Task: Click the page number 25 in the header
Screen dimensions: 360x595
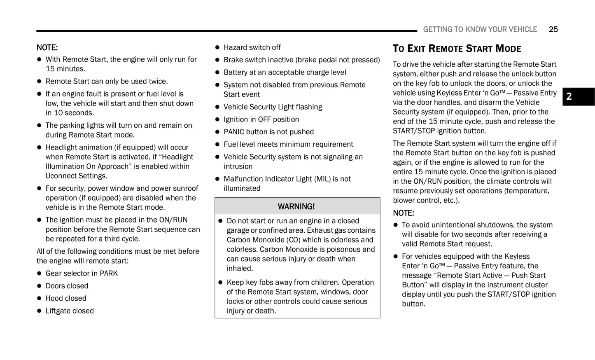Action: [x=553, y=29]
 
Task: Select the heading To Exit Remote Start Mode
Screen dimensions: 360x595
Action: [x=457, y=49]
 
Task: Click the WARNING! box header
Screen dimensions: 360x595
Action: [x=297, y=206]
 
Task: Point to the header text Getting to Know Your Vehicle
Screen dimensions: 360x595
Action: [x=480, y=29]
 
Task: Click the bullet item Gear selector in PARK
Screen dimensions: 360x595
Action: [x=82, y=273]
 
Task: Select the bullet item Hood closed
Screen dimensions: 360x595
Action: [x=66, y=298]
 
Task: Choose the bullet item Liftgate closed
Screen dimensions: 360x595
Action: [x=70, y=311]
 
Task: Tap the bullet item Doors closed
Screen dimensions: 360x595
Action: [x=67, y=286]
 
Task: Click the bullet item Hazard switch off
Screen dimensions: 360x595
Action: [x=252, y=47]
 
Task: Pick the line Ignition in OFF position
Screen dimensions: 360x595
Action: [x=261, y=119]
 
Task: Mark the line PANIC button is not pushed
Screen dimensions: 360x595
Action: [x=268, y=132]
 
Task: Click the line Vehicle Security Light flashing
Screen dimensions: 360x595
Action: [x=273, y=107]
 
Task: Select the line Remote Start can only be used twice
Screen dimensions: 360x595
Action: [x=106, y=81]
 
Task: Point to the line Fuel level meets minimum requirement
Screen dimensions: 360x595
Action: [x=288, y=144]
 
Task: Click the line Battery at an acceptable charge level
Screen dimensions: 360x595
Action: [x=285, y=72]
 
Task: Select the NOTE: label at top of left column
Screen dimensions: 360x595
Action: [x=47, y=47]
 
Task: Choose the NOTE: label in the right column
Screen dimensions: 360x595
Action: [x=403, y=213]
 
